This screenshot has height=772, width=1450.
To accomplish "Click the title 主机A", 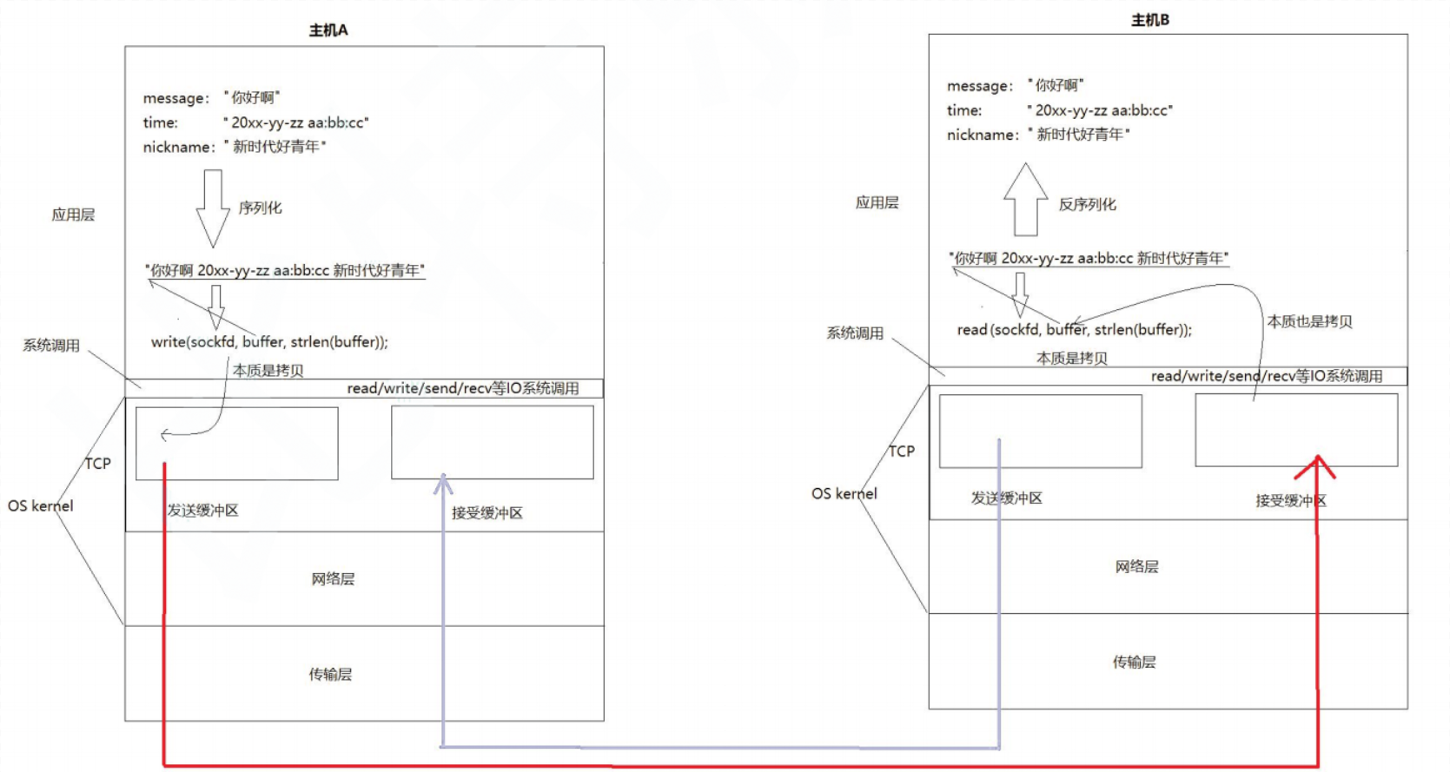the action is (x=328, y=30).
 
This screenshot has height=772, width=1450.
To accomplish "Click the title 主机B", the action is (x=1149, y=20).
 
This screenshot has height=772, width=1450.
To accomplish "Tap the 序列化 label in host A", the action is (x=261, y=208).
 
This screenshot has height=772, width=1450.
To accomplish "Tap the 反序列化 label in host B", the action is (x=1087, y=205).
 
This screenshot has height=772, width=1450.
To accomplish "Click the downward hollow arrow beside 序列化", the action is (x=213, y=208).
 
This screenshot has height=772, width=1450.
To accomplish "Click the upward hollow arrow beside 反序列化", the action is (x=1025, y=200).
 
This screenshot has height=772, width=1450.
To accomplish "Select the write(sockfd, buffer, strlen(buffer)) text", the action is (x=269, y=342).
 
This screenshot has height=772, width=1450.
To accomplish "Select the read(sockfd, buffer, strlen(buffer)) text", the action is (x=1074, y=330).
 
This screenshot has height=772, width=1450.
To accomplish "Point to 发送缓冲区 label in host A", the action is (x=202, y=511).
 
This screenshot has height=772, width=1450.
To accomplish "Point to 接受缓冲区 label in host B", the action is (x=1290, y=501).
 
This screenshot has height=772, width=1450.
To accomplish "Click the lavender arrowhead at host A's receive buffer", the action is (x=443, y=483).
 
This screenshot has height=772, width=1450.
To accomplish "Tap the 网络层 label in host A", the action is (x=333, y=579).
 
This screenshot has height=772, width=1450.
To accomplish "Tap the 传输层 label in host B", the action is (x=1134, y=663).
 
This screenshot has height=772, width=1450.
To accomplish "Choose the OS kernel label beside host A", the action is (x=41, y=506).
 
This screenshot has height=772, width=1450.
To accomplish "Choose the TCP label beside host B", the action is (x=901, y=452).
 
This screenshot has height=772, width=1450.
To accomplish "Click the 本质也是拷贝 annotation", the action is (x=1309, y=322).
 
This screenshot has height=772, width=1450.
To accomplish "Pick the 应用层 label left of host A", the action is (x=73, y=215).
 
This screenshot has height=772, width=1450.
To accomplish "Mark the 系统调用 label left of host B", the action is (x=855, y=333).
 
